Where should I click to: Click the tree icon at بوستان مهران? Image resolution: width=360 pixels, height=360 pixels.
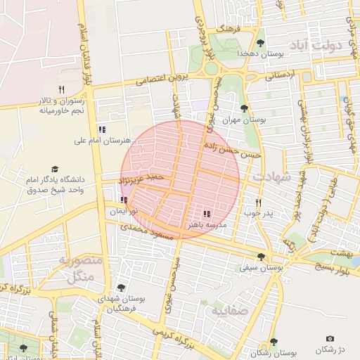point(243,108)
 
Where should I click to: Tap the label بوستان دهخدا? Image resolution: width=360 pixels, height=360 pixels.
point(259,53)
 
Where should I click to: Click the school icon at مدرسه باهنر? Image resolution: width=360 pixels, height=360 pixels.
point(207,213)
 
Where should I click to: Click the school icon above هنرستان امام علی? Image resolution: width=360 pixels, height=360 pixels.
point(102,129)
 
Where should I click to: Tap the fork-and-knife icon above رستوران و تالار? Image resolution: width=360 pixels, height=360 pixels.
point(61,89)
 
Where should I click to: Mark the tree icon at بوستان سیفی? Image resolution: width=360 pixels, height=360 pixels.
point(262,257)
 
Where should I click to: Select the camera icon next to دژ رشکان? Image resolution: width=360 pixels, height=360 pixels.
point(330,339)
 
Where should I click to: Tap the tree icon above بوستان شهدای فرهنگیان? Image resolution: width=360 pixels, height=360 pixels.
point(122,287)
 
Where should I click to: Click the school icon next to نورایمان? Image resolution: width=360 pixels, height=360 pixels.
point(124,200)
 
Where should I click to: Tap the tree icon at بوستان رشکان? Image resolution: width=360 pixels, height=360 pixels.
point(273,342)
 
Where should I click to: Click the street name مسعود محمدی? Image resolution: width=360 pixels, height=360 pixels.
point(146,229)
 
